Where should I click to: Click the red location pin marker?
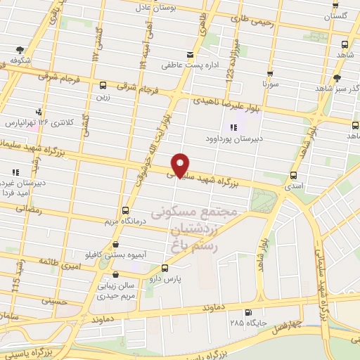point(181,165)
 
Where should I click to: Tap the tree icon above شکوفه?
point(19,50)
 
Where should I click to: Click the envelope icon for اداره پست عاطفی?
point(189,55)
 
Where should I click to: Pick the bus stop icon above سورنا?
point(269,72)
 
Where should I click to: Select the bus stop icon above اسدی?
point(293,175)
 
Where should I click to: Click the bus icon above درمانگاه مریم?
point(125,210)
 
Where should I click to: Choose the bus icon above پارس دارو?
point(165,267)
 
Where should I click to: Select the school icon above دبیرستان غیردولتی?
point(15,172)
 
